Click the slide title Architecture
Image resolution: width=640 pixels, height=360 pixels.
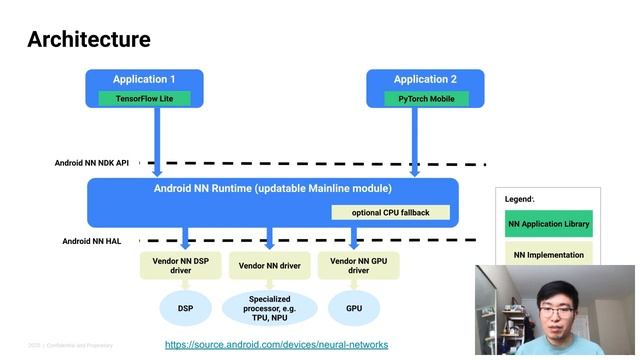click(89, 39)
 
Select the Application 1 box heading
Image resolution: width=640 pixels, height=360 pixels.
click(144, 79)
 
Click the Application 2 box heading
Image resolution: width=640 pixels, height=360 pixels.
click(426, 79)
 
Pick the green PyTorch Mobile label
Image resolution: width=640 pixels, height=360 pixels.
click(425, 99)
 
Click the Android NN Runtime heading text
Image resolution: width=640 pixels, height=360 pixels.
click(272, 188)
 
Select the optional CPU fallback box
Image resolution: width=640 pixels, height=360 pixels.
click(390, 212)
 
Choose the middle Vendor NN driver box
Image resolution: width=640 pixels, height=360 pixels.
click(270, 265)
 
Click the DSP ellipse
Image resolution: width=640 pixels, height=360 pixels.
click(185, 308)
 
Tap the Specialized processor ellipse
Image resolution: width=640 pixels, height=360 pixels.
click(270, 308)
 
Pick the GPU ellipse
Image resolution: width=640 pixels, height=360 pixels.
click(354, 308)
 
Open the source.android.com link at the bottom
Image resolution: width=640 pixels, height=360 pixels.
click(276, 344)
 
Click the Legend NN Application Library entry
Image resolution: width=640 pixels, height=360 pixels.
click(548, 224)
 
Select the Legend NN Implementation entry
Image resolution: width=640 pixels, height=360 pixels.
click(548, 254)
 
